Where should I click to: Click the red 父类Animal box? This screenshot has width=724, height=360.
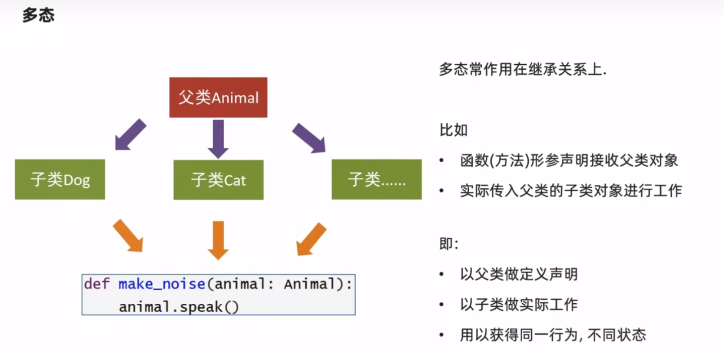coord(218,97)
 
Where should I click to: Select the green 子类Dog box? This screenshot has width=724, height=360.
coord(60,180)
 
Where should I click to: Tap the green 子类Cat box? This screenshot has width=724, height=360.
coord(218,180)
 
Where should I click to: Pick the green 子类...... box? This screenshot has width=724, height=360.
coord(376,180)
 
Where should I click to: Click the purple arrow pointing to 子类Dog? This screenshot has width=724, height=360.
coord(130,134)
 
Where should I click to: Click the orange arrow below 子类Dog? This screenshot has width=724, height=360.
coord(128,235)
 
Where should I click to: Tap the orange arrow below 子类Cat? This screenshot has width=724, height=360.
coord(218,239)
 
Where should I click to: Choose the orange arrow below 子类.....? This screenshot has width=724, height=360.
coord(311,239)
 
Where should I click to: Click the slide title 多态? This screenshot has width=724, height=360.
coord(38,15)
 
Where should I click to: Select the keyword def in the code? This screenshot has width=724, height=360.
coord(96,284)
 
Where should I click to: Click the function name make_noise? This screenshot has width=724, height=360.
coord(162,284)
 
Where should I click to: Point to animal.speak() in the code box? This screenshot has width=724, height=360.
coord(179,307)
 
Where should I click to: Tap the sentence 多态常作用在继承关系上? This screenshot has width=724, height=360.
coord(522,70)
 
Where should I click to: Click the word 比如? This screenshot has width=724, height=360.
coord(454,130)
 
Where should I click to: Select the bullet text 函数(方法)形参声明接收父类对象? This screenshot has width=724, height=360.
coord(569,160)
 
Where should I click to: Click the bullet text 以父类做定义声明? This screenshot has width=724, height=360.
coord(519,274)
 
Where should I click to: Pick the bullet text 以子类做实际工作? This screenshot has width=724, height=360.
coord(519,305)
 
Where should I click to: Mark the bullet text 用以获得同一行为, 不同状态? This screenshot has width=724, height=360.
coord(553,335)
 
